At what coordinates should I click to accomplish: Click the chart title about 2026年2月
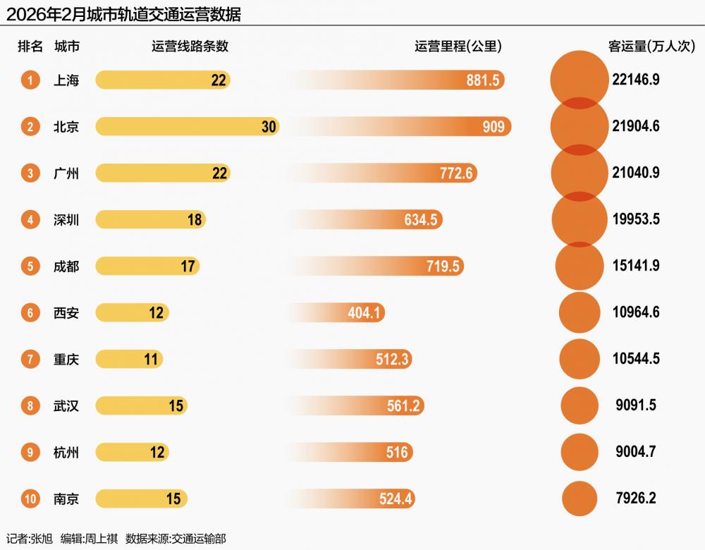coord(124,14)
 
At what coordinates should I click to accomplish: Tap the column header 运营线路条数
coord(190,47)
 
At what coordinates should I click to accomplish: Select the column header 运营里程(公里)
coord(458,47)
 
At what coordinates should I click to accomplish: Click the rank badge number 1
coord(30,80)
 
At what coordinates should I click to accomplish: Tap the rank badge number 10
coord(30,499)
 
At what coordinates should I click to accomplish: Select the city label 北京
coord(66,127)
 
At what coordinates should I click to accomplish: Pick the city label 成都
coord(66,267)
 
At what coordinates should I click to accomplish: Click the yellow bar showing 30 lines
coord(187,127)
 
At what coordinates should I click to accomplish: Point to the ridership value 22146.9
coord(636,80)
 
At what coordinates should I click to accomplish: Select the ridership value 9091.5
coord(636,406)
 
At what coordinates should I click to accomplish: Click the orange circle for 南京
coord(580,499)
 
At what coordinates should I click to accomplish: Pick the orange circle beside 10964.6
coord(580,312)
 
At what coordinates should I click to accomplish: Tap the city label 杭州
coord(66,453)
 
